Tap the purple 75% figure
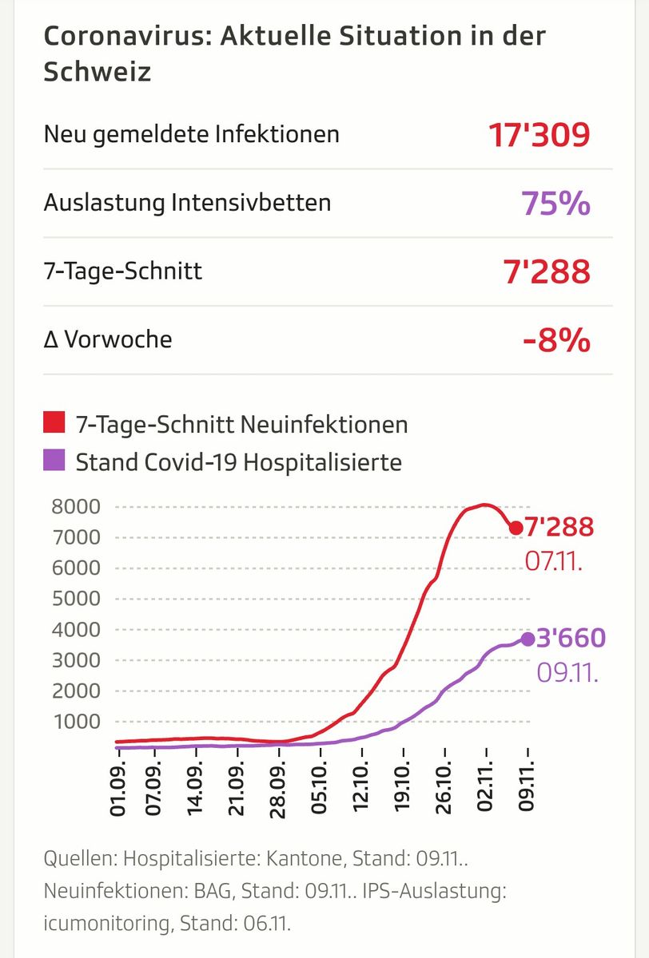pos(555,204)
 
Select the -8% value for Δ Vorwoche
pos(556,341)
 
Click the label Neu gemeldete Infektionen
pos(192,134)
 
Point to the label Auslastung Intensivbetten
pos(187,203)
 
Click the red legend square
pos(54,423)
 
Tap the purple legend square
pos(54,461)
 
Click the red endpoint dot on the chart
pos(516,528)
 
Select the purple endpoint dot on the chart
pos(528,639)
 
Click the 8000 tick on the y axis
pos(77,507)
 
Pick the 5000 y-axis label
pos(77,599)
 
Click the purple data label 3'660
pos(571,639)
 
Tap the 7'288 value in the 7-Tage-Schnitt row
pos(547,272)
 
